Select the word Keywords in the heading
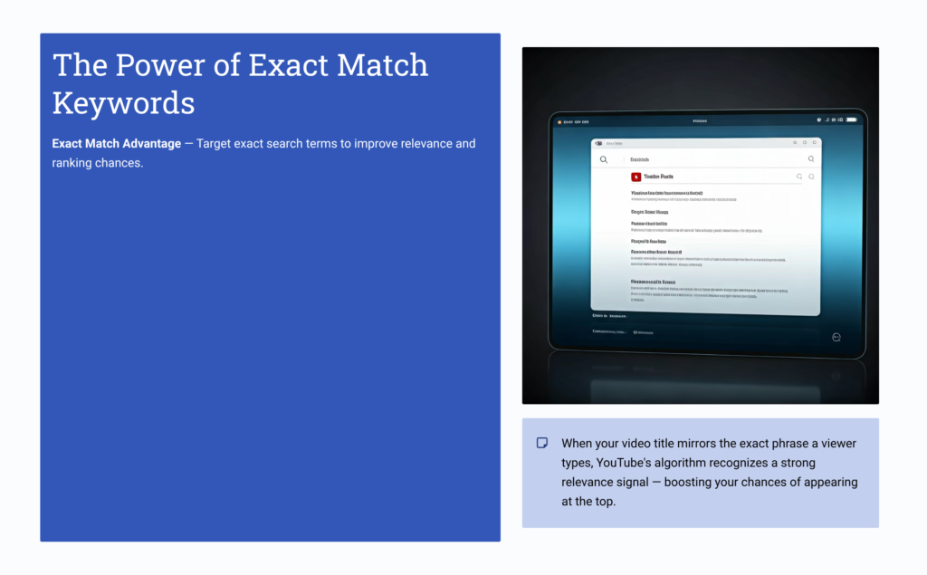[x=123, y=102]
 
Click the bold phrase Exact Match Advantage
[x=116, y=144]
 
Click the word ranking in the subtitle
[x=72, y=163]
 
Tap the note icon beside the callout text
[x=542, y=443]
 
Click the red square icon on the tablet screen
[x=636, y=177]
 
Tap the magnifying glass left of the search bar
[x=604, y=159]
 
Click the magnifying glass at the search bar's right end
[x=810, y=159]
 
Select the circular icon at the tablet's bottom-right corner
[x=836, y=337]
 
